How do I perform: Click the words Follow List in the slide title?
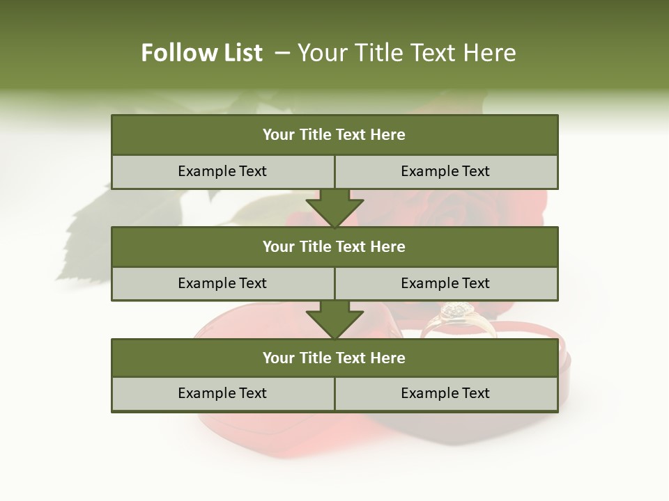point(201,53)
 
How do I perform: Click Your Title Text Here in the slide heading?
point(406,53)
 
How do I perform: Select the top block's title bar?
point(334,135)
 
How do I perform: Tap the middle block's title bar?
point(334,246)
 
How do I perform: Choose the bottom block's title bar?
point(334,358)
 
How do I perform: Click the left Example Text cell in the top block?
point(222,171)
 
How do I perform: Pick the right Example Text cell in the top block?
point(445,171)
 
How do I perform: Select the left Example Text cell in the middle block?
point(222,283)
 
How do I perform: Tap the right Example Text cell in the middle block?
point(445,283)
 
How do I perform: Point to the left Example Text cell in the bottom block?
point(222,393)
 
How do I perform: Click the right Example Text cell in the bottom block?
point(445,393)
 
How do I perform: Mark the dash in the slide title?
point(282,53)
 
